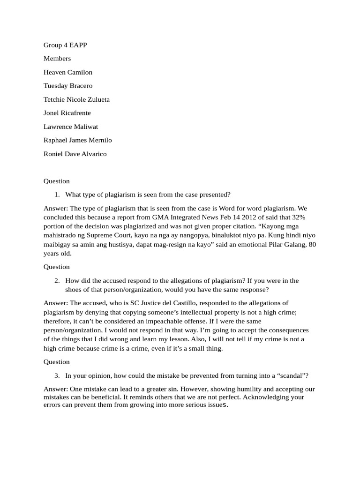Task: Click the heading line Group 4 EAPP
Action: (65, 45)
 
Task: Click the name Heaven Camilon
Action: (68, 72)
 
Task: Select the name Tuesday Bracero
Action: (68, 86)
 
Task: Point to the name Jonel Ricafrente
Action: (67, 113)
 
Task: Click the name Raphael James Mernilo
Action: (78, 140)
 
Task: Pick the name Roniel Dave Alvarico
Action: (75, 154)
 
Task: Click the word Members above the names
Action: (57, 59)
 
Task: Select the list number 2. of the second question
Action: (57, 281)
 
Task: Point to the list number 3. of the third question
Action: (57, 375)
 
